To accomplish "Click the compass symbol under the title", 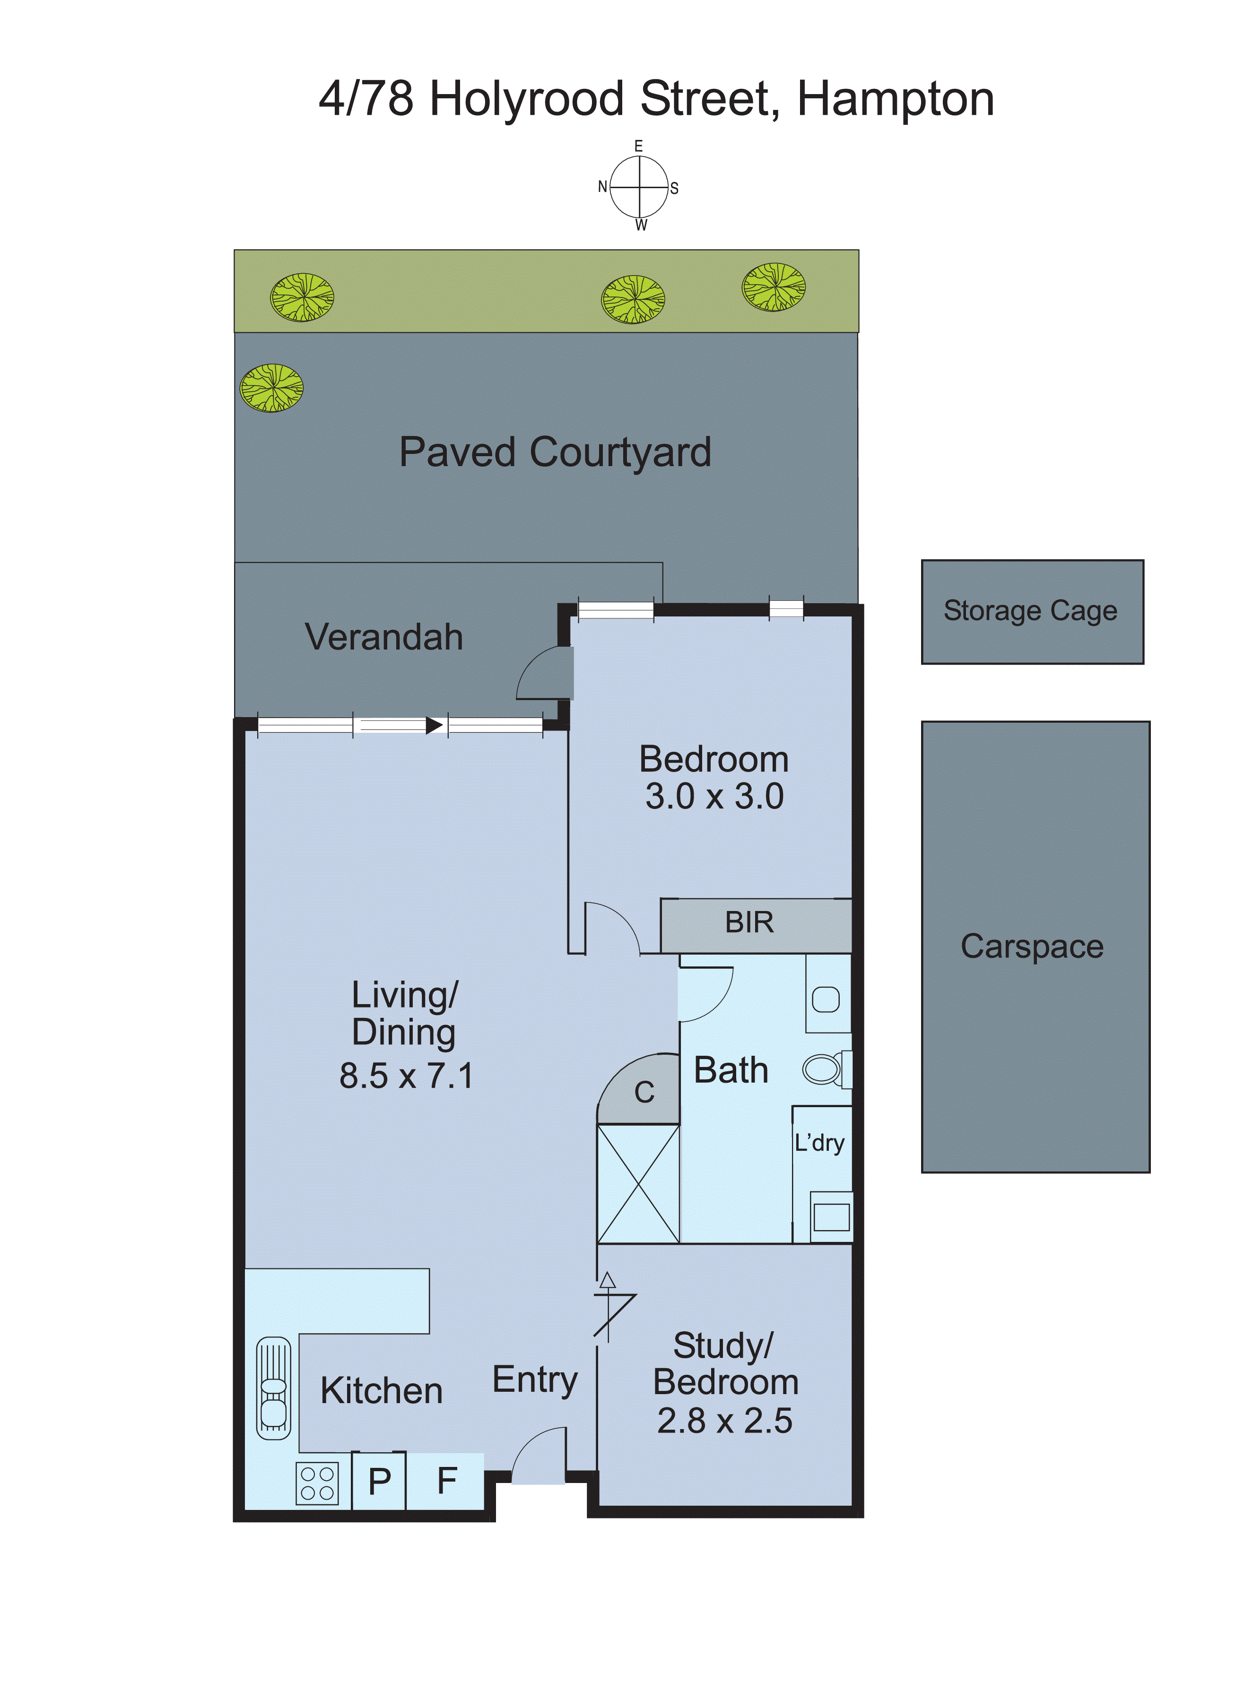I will tap(639, 186).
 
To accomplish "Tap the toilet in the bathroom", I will tap(825, 1070).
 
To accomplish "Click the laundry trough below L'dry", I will tap(831, 1217).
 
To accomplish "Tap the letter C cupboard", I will tap(644, 1093).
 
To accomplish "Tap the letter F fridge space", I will tap(447, 1481).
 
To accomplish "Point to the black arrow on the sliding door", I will tap(434, 726).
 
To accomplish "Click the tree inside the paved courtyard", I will tap(271, 388).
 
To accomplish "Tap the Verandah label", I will tap(384, 637).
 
